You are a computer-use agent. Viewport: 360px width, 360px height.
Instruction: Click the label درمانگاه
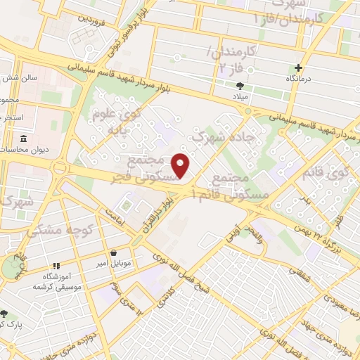(x=299, y=79)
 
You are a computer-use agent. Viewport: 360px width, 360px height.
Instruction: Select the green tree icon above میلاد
(x=240, y=86)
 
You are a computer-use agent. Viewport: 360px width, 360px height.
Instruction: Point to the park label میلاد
(x=240, y=96)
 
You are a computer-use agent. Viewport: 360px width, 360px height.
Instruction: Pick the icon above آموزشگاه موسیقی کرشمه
(x=56, y=266)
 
